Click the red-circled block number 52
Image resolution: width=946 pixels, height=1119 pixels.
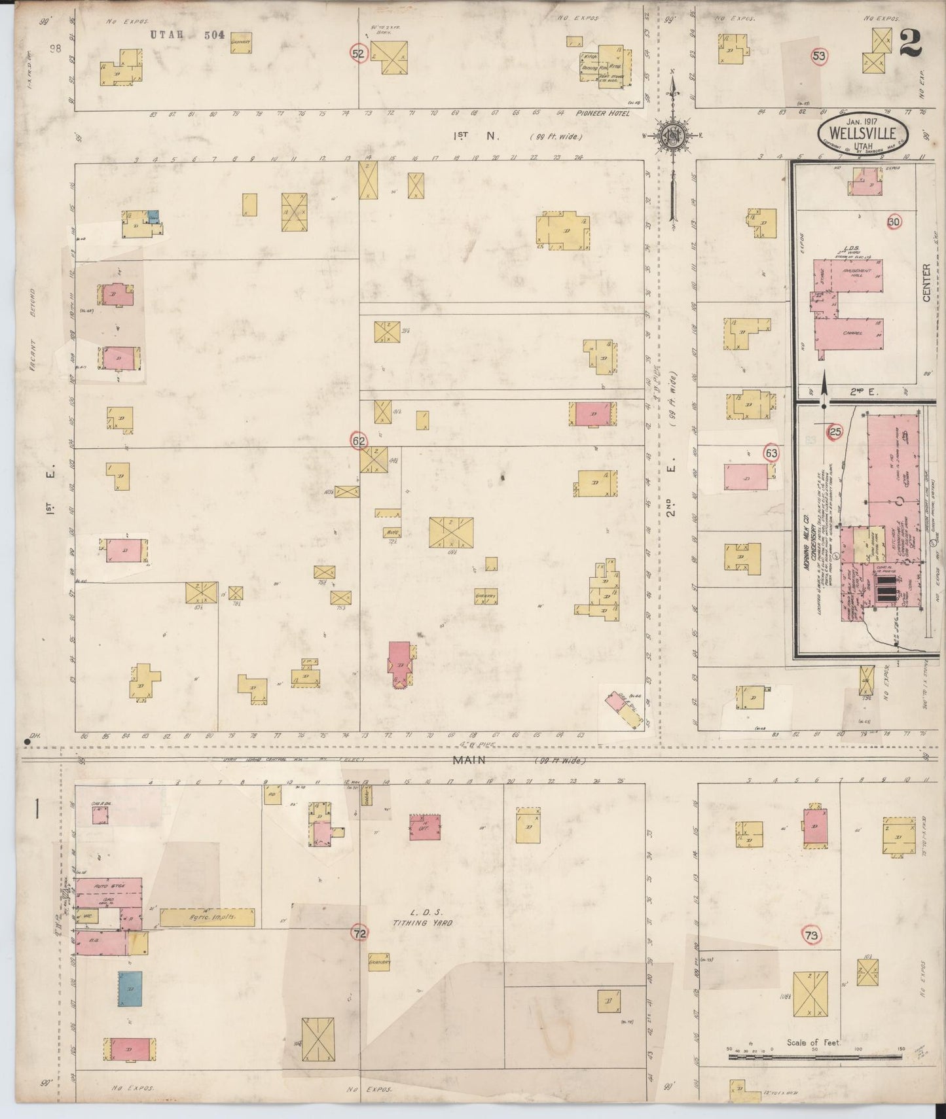pos(357,54)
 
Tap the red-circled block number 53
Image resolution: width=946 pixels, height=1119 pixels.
pos(818,56)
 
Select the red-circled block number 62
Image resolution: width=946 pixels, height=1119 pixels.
pos(358,441)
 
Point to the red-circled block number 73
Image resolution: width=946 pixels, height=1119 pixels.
pos(812,936)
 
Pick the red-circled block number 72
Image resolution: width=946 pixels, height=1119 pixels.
pos(359,934)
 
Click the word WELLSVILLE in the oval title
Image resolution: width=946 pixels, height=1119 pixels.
pos(862,133)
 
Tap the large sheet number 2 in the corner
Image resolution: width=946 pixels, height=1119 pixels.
pos(911,44)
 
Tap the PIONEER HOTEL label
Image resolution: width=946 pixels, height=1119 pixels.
pos(602,113)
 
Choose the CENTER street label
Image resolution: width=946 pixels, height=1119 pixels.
pos(926,283)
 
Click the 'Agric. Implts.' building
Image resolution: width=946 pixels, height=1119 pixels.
pos(208,917)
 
